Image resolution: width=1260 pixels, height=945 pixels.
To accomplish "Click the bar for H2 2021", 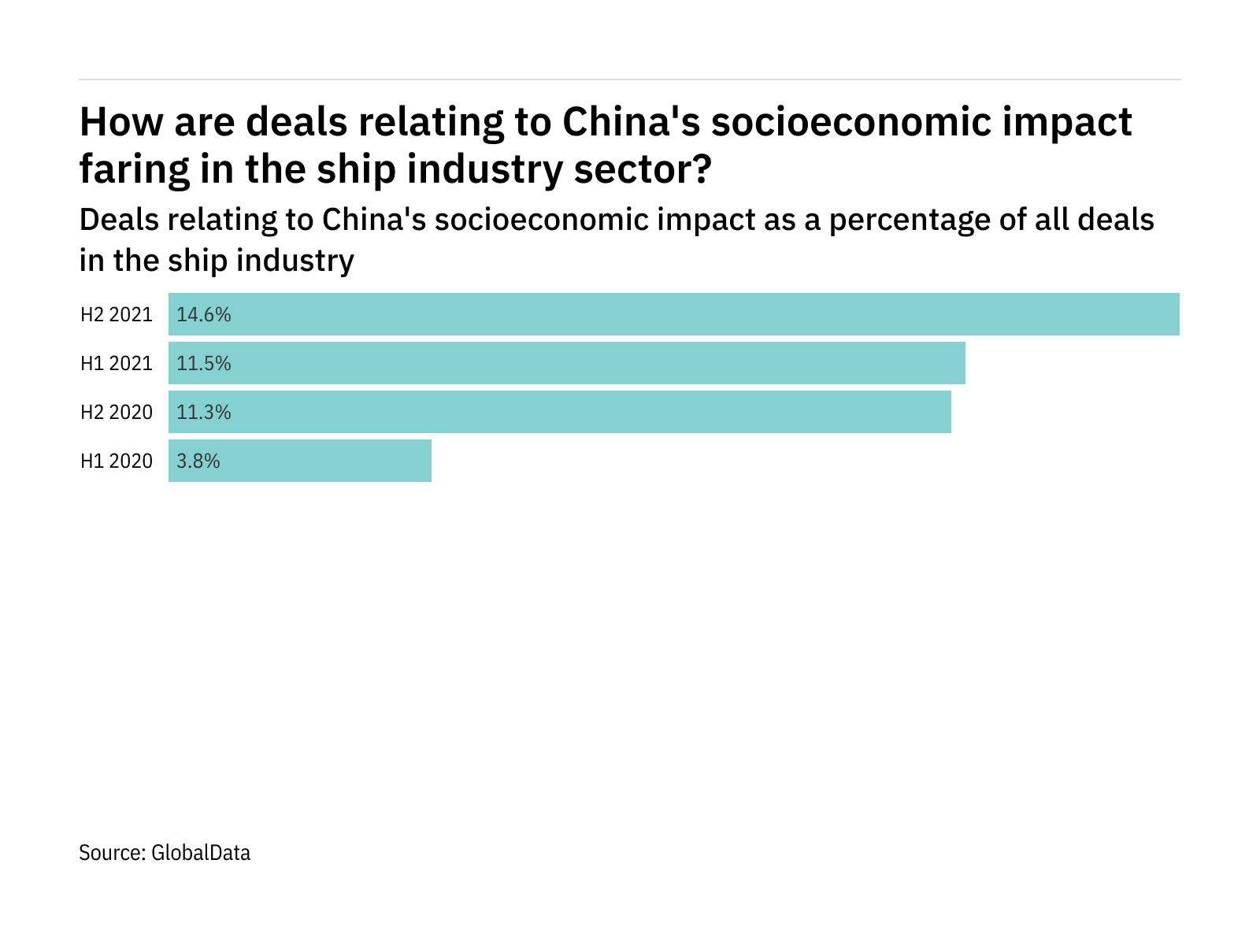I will point(674,314).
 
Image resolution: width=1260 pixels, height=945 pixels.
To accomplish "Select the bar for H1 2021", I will point(567,363).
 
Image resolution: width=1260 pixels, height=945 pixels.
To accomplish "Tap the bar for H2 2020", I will point(560,412).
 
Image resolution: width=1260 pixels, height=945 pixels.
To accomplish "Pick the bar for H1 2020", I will point(300,461).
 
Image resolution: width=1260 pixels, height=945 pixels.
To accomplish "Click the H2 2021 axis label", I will point(117,315).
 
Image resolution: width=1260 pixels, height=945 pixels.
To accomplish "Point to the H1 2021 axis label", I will point(117,364).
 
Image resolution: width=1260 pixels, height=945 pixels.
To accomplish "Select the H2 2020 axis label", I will point(117,413).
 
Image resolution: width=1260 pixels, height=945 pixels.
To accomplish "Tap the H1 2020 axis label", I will point(117,461).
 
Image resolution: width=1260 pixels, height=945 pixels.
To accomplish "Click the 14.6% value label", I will point(204,315).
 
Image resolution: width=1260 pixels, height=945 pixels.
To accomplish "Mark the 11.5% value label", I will point(204,364).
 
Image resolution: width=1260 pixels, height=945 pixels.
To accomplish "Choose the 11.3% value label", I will point(204,413).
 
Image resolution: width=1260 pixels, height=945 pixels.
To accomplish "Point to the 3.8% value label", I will point(198,461).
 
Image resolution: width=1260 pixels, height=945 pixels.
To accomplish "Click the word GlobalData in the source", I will point(201,853).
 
